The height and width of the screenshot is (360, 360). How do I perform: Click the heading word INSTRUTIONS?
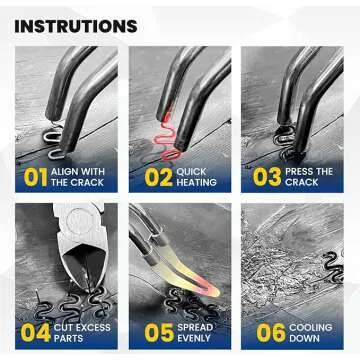(76, 26)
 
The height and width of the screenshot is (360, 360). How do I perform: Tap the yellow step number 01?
(35, 177)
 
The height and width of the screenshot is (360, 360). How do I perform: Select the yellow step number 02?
(159, 177)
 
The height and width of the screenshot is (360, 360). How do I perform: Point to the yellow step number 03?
(267, 177)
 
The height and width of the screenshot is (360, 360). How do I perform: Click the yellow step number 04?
(36, 333)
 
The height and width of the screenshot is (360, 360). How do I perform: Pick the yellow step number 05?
(159, 333)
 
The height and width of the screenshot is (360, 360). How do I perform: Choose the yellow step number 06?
(271, 333)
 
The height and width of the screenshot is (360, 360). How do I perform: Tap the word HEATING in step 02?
(196, 183)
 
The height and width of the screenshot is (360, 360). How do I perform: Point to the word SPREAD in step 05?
(195, 327)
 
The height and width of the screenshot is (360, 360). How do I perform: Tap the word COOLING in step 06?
(310, 327)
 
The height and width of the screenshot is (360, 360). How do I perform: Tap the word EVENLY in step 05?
(194, 338)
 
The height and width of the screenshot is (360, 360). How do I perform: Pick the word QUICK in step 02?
(192, 172)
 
